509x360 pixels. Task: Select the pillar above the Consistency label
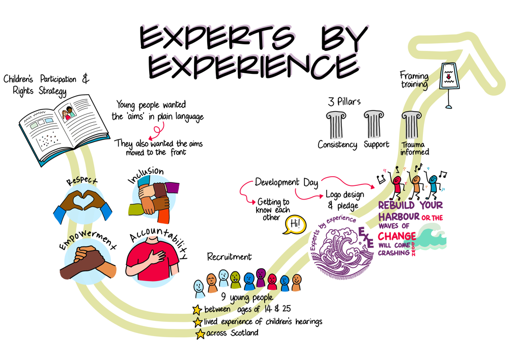click(336, 124)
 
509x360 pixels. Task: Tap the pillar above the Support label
click(374, 124)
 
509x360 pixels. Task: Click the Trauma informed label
click(414, 148)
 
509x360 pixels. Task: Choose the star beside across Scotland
click(200, 334)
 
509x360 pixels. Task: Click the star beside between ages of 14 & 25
click(197, 310)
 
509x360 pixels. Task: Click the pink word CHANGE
click(397, 236)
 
